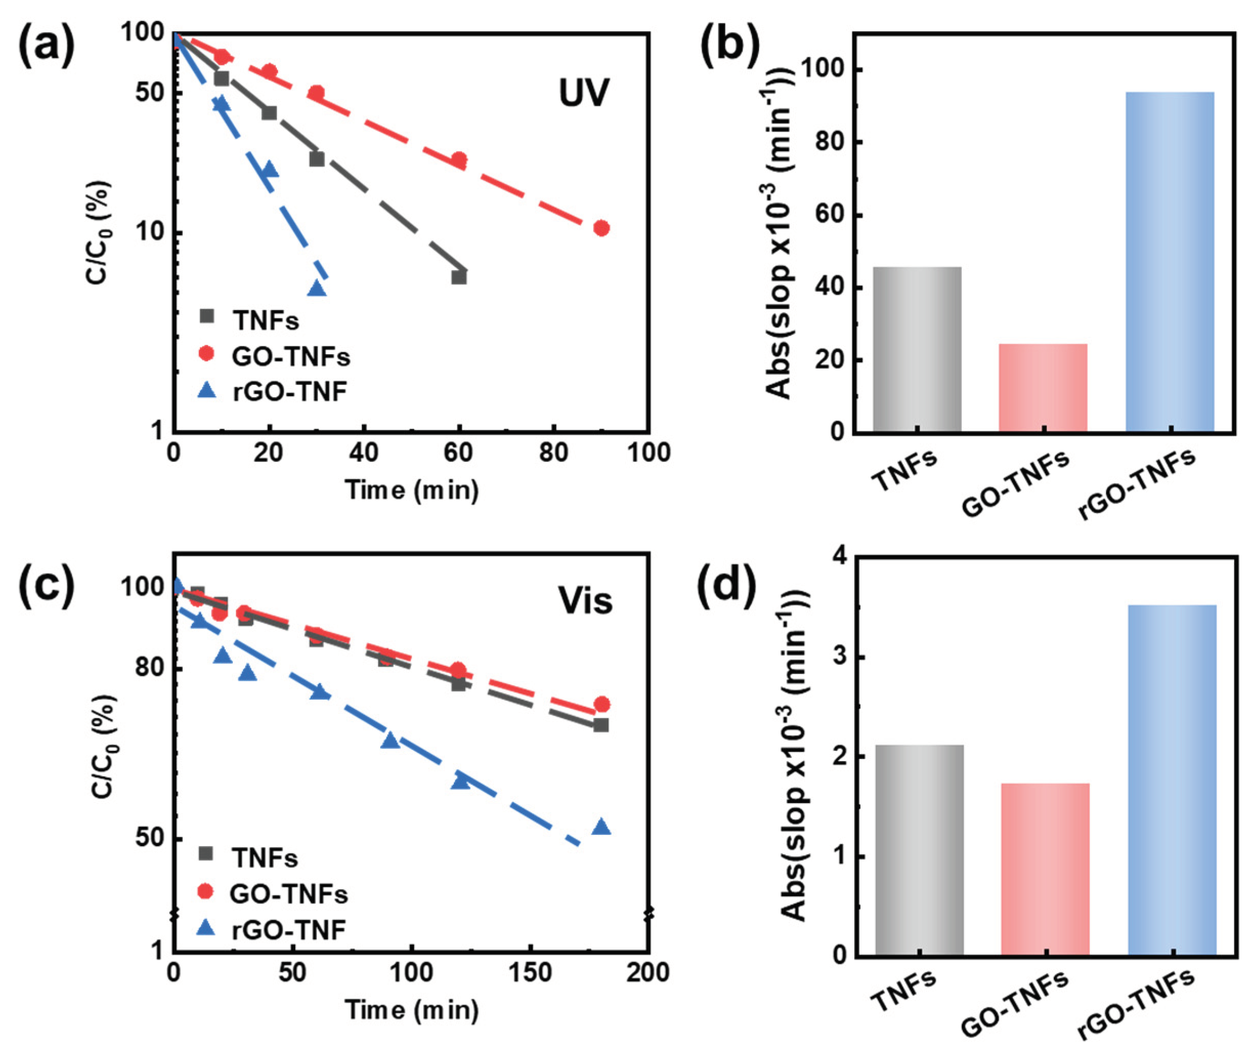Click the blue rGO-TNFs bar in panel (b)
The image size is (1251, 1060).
click(x=1169, y=262)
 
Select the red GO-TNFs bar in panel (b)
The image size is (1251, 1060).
click(x=1043, y=387)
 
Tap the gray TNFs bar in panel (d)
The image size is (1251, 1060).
click(x=919, y=850)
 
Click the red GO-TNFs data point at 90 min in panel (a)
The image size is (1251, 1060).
click(x=601, y=228)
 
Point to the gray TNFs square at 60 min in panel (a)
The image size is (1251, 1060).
click(x=459, y=277)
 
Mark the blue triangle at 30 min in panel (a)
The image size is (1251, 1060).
click(x=317, y=289)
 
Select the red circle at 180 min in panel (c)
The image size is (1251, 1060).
click(x=601, y=704)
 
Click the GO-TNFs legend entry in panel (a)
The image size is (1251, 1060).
click(x=290, y=357)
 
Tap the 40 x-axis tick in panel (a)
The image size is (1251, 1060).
click(x=364, y=452)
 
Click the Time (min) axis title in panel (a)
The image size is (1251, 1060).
click(x=412, y=490)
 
